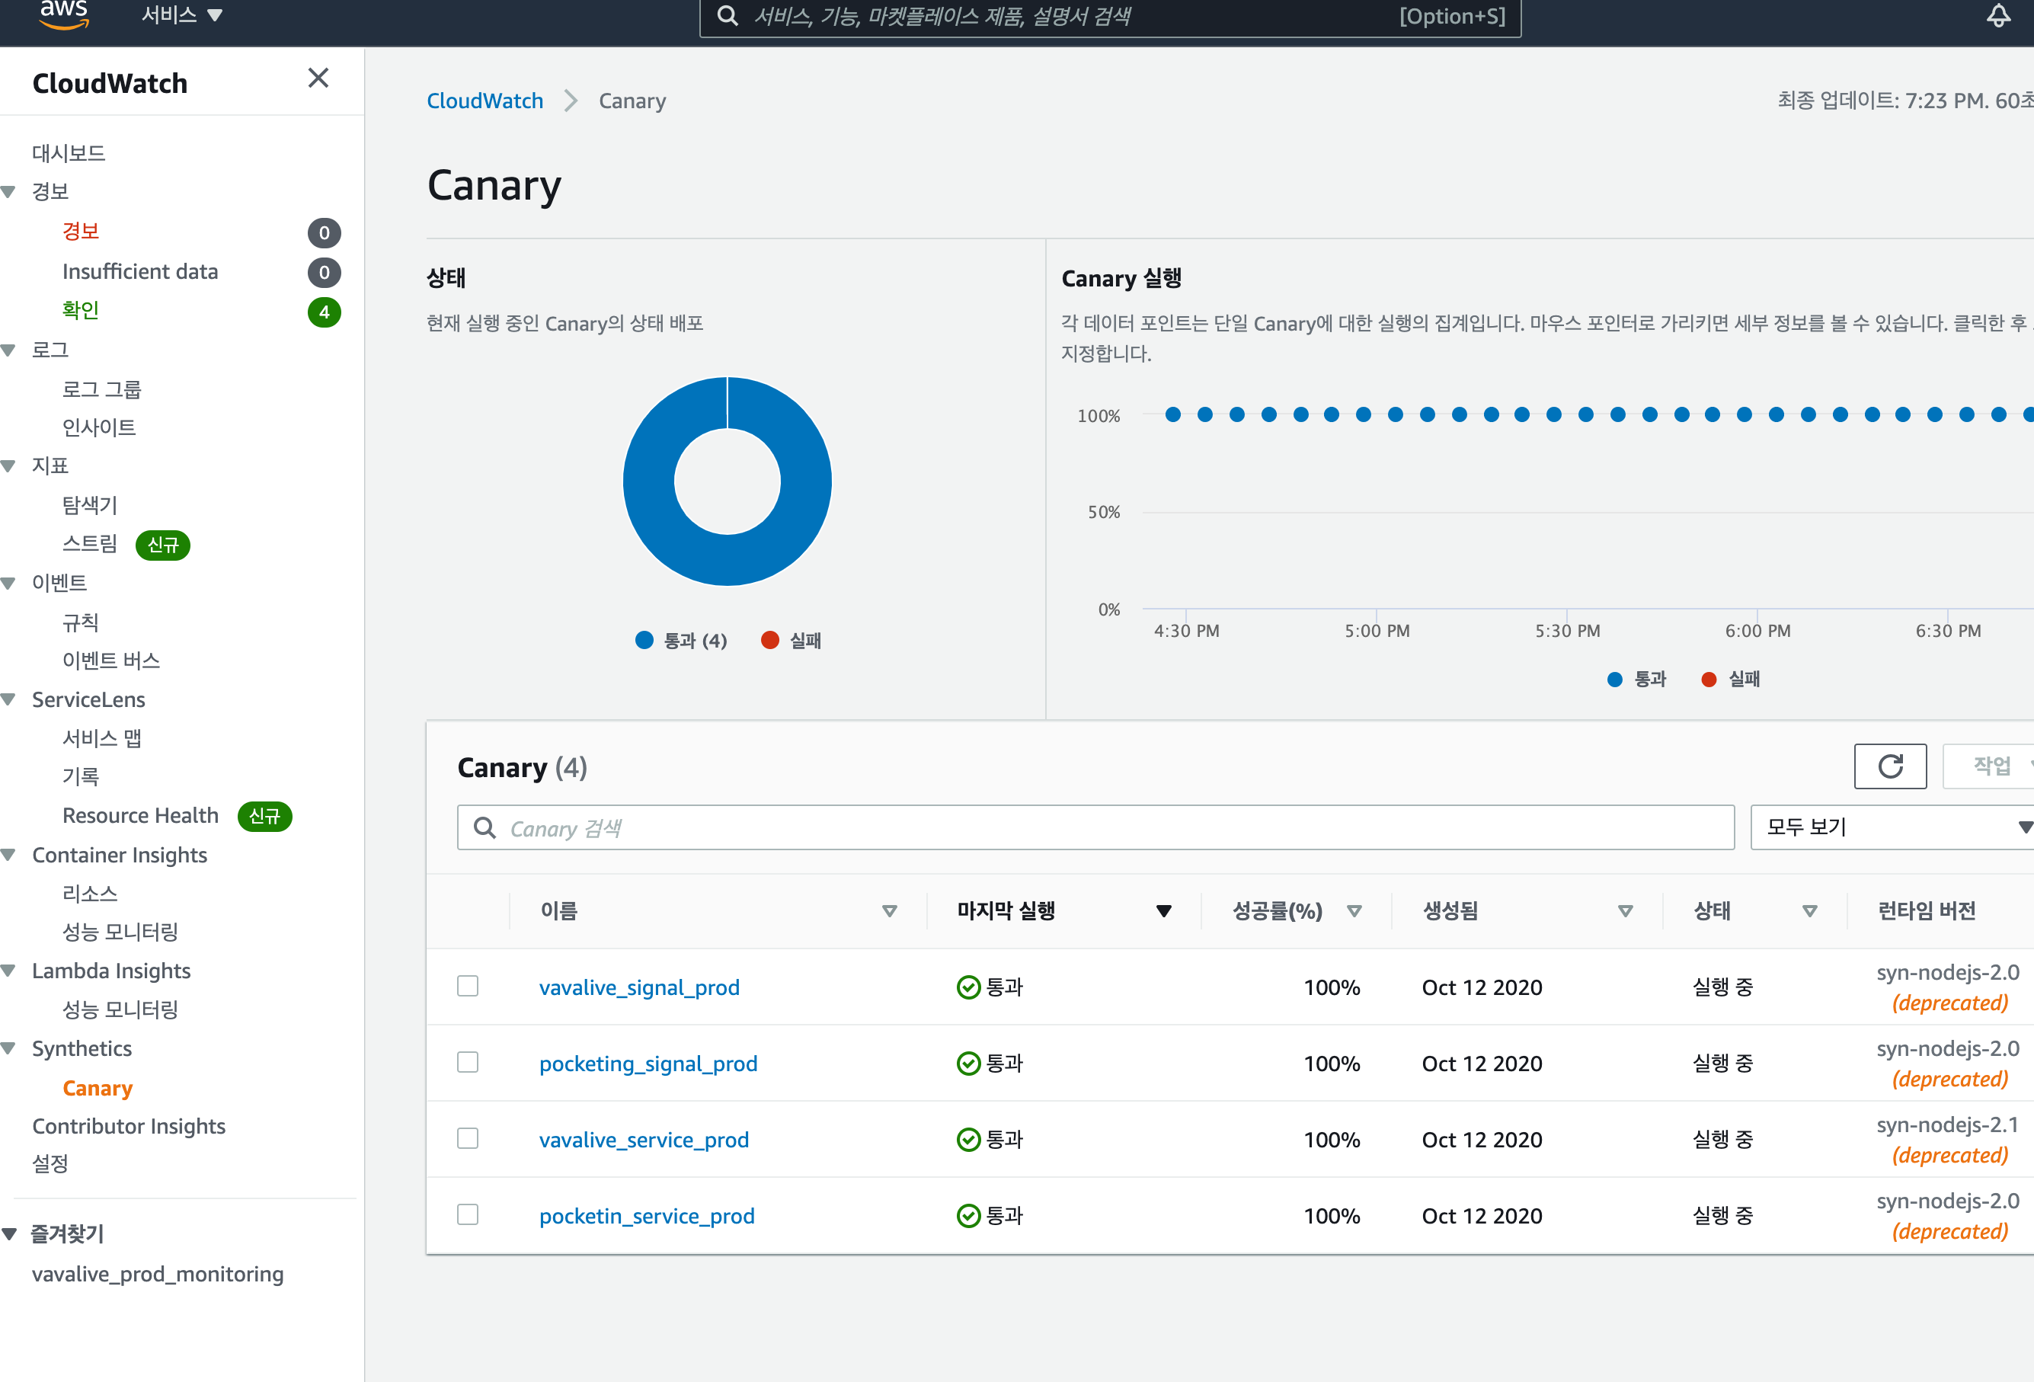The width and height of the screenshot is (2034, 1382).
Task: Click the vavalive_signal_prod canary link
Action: pos(639,987)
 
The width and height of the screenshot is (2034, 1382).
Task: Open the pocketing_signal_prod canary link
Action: pos(648,1064)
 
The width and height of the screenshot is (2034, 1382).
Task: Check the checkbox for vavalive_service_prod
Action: pos(469,1139)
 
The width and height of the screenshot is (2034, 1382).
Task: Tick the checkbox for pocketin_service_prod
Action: pos(469,1215)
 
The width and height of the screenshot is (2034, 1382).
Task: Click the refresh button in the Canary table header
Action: pos(1889,766)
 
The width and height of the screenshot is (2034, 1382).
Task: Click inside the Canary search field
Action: pos(1094,828)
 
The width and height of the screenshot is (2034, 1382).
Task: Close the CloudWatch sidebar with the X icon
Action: pos(318,78)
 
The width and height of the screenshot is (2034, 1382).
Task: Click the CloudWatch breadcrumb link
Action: pos(485,101)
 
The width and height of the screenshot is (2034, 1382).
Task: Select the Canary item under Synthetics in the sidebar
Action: pos(98,1088)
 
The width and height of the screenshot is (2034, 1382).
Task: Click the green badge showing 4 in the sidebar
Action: pos(324,312)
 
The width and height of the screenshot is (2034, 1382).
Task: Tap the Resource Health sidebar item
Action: pos(140,816)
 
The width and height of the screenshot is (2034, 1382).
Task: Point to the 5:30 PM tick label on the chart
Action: pos(1566,631)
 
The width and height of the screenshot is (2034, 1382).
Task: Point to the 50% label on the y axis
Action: pos(1103,512)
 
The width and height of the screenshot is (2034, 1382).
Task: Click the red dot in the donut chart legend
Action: pos(770,641)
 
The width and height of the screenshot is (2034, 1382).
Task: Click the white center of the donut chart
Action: pos(728,481)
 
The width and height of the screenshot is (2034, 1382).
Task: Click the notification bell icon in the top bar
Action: pos(1998,16)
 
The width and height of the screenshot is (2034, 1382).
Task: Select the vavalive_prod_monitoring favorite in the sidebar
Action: pos(158,1275)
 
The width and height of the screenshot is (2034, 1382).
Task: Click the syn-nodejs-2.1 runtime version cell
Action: pos(1947,1124)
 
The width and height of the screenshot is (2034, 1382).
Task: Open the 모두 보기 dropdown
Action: pos(1891,828)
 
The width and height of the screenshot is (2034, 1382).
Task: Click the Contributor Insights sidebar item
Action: pos(129,1127)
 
